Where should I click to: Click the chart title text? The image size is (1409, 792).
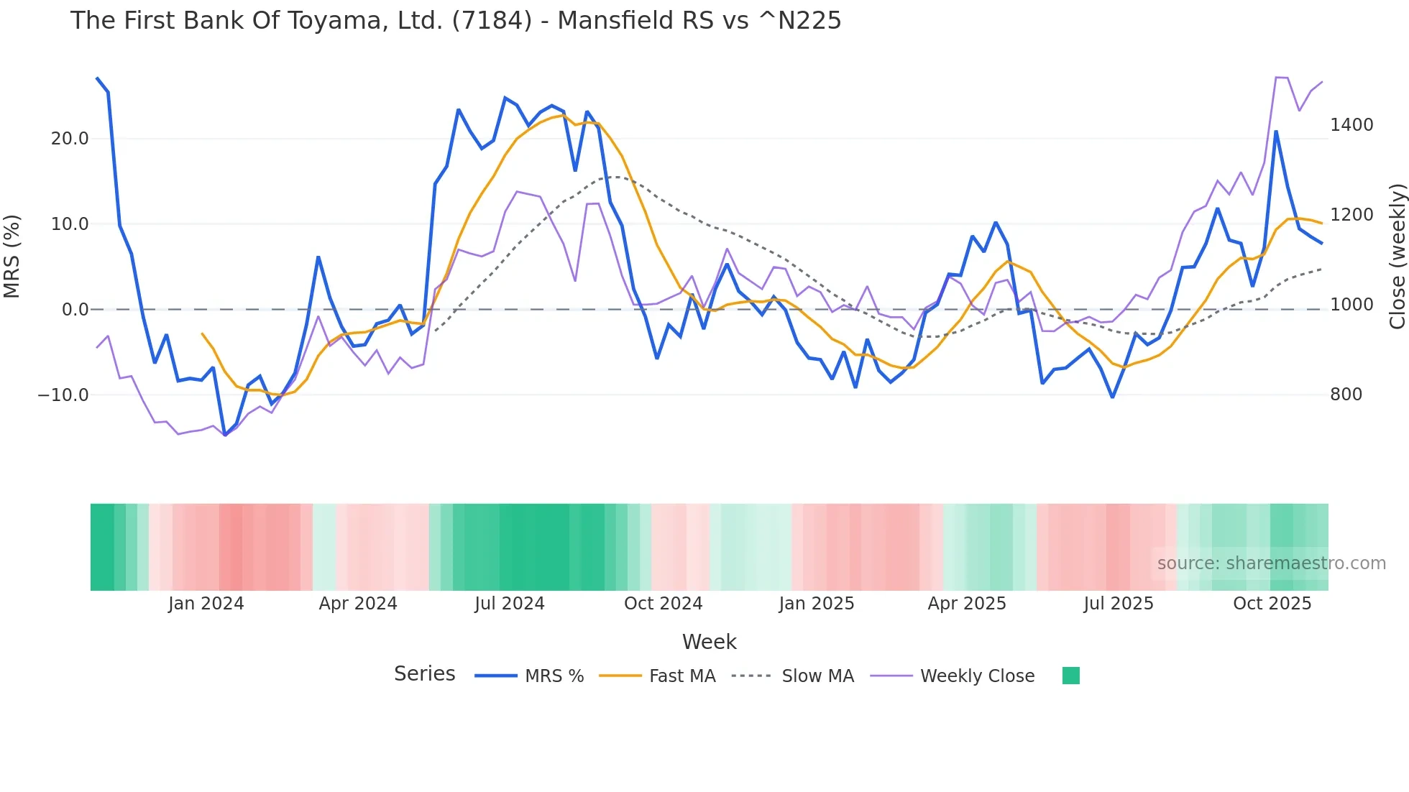pos(455,21)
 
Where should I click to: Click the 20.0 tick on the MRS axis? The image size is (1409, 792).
pos(70,139)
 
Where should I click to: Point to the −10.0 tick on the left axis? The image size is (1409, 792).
pos(63,395)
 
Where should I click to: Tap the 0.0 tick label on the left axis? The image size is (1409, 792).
pos(75,310)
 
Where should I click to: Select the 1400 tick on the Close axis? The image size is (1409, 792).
pos(1351,125)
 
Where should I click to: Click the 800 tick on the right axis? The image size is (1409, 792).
pos(1346,395)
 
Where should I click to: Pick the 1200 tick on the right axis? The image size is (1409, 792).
pos(1351,215)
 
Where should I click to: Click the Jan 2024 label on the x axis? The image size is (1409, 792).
pos(206,604)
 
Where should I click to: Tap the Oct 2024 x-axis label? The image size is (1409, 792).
pos(663,604)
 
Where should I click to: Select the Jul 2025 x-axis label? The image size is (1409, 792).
pos(1119,604)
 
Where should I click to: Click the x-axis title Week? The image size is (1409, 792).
pos(709,642)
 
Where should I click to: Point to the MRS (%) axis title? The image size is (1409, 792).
pos(12,257)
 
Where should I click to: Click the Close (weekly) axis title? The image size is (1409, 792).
pos(1397,257)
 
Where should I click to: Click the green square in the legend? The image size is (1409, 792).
pos(1070,676)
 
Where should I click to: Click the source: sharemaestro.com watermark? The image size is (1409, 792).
pos(1271,563)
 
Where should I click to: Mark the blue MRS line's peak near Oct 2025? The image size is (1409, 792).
pos(1276,132)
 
